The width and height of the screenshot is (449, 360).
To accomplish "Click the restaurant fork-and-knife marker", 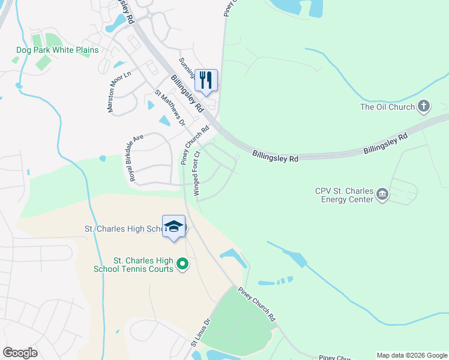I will [206, 80].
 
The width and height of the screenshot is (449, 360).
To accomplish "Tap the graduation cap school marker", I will [173, 227].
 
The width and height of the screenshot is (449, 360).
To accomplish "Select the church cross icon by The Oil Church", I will [424, 107].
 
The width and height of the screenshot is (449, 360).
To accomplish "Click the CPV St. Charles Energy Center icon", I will [382, 194].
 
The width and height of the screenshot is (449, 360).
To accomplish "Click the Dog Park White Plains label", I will [58, 50].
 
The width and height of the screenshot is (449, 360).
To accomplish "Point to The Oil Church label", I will [387, 107].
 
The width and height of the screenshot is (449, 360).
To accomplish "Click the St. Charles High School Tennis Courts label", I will [143, 265].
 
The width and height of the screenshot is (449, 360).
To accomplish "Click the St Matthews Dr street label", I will [169, 108].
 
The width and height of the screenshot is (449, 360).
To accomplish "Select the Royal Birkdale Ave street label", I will [134, 158].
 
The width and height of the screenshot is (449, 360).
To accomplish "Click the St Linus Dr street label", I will [200, 332].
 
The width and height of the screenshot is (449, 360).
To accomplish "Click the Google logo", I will [20, 353].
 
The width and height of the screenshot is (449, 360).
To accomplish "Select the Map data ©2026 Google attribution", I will [411, 355].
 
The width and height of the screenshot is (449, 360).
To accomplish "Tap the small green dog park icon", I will [16, 60].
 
